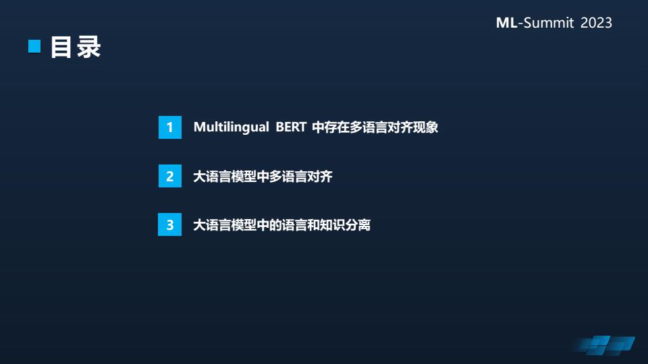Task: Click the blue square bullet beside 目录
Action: point(34,47)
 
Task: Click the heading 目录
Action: point(76,47)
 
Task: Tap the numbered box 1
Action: point(170,127)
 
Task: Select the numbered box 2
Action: point(170,176)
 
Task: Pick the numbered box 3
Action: point(170,224)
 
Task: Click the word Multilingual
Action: point(232,127)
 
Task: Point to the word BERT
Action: point(291,127)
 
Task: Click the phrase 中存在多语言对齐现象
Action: point(375,127)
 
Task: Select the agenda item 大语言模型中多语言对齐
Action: point(263,176)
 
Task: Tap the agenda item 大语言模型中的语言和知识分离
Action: point(282,225)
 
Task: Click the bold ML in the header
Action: point(507,23)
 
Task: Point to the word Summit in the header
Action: point(549,23)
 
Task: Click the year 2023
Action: point(596,23)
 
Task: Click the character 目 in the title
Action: point(61,47)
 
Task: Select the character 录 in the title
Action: point(89,47)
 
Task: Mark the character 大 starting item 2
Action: point(200,176)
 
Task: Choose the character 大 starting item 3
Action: point(200,225)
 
